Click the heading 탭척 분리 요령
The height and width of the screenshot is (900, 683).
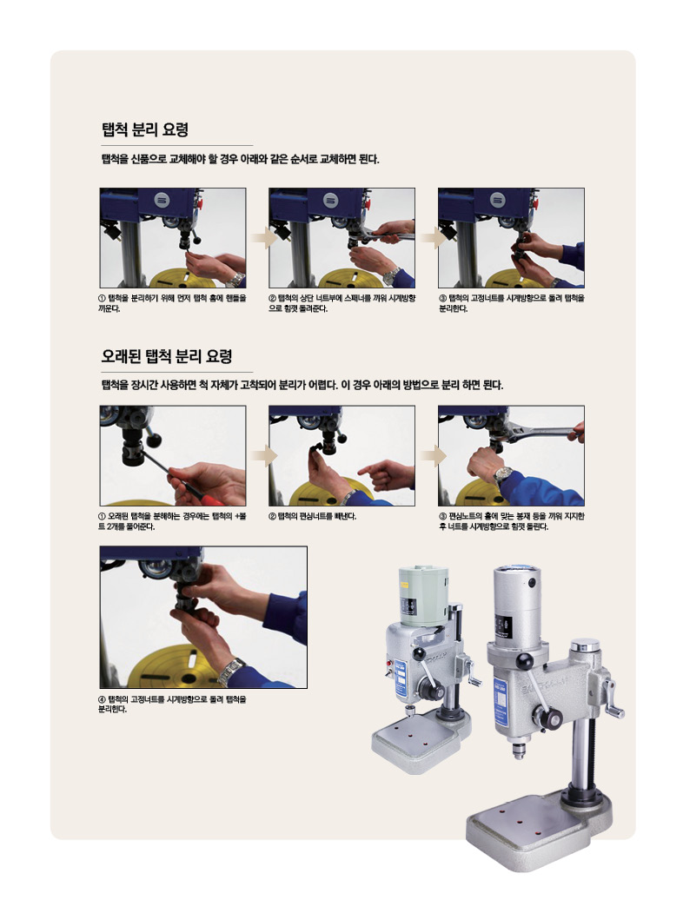point(145,129)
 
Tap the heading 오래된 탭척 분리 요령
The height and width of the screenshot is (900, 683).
point(167,356)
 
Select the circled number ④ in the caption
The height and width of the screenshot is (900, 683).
point(103,699)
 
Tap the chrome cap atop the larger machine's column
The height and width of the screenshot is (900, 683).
point(586,645)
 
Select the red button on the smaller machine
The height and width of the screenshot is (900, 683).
point(389,662)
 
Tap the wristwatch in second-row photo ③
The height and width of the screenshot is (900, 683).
point(503,473)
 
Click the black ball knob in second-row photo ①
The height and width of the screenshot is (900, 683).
point(154,440)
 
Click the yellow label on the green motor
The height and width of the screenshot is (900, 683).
point(407,607)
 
